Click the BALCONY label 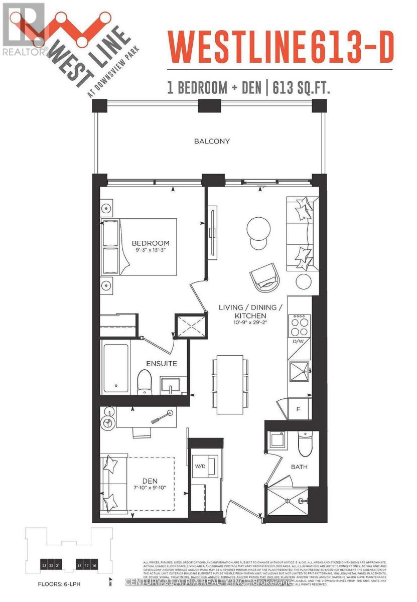(212, 141)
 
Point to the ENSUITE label (162, 363)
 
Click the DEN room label (150, 481)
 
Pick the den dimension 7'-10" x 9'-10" (150, 489)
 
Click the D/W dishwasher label (299, 342)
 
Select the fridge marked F (298, 409)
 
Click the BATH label (300, 467)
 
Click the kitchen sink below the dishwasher (300, 372)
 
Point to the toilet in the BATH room (305, 441)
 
